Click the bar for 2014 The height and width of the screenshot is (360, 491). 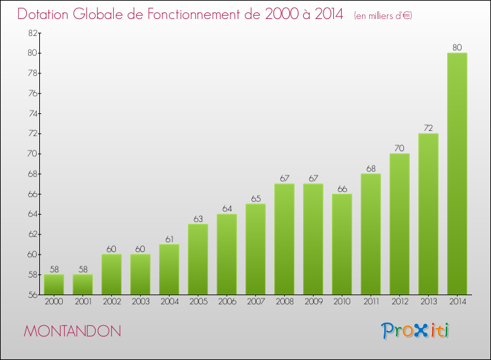[457, 173]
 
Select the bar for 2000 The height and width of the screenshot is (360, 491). [54, 284]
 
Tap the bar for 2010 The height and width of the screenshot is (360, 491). [342, 244]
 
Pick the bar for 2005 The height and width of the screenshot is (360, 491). [198, 259]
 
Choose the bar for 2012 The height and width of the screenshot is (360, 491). [399, 224]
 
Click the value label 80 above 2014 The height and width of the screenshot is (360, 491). [457, 47]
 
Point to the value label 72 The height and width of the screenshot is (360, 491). [428, 128]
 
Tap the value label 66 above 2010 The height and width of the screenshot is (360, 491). [342, 189]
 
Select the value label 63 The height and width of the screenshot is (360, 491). [198, 219]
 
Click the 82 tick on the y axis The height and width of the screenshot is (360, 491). [31, 33]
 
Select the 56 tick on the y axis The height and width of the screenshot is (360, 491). [31, 295]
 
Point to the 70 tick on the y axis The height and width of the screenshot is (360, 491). [31, 154]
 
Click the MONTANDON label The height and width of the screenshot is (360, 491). [72, 331]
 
